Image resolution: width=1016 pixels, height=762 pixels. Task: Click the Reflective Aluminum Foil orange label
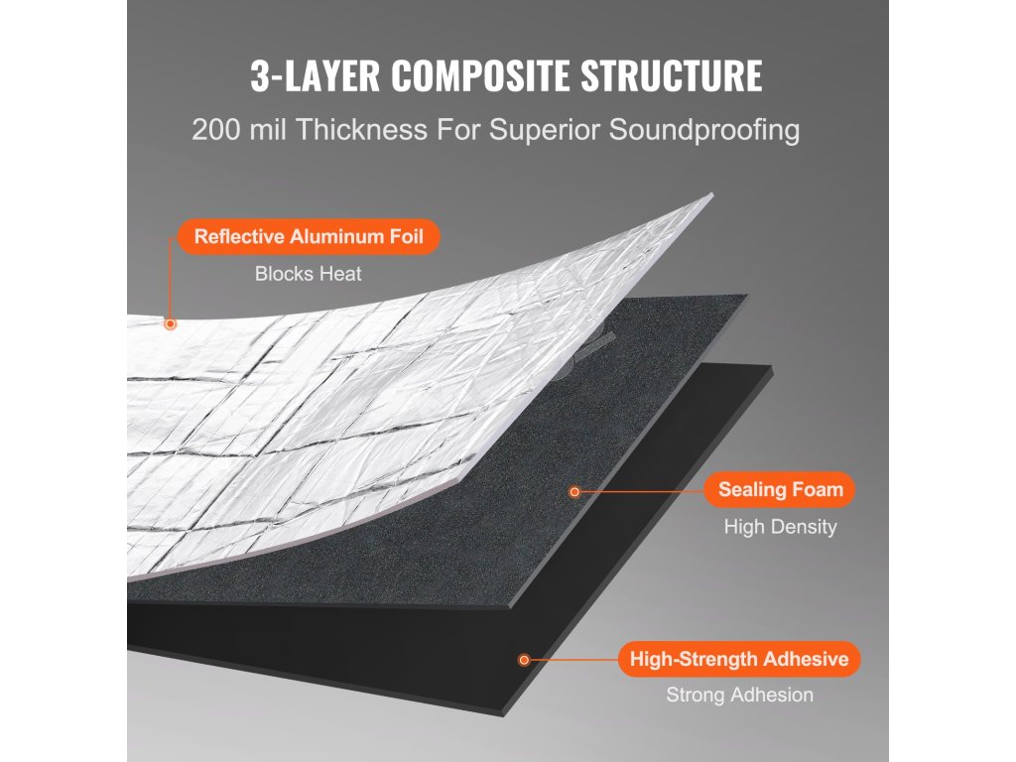[x=309, y=237]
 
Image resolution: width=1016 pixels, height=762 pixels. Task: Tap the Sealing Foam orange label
[x=780, y=489]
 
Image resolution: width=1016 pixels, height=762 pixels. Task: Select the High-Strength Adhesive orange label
[x=739, y=659]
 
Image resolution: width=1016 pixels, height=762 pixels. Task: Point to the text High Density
[x=780, y=527]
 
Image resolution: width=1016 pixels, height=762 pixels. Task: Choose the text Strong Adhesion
[x=739, y=696]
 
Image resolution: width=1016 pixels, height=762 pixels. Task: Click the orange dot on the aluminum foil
[x=171, y=323]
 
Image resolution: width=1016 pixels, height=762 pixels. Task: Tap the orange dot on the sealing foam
[x=573, y=491]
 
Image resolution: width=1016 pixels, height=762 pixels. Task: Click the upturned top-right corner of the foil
[x=708, y=197]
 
